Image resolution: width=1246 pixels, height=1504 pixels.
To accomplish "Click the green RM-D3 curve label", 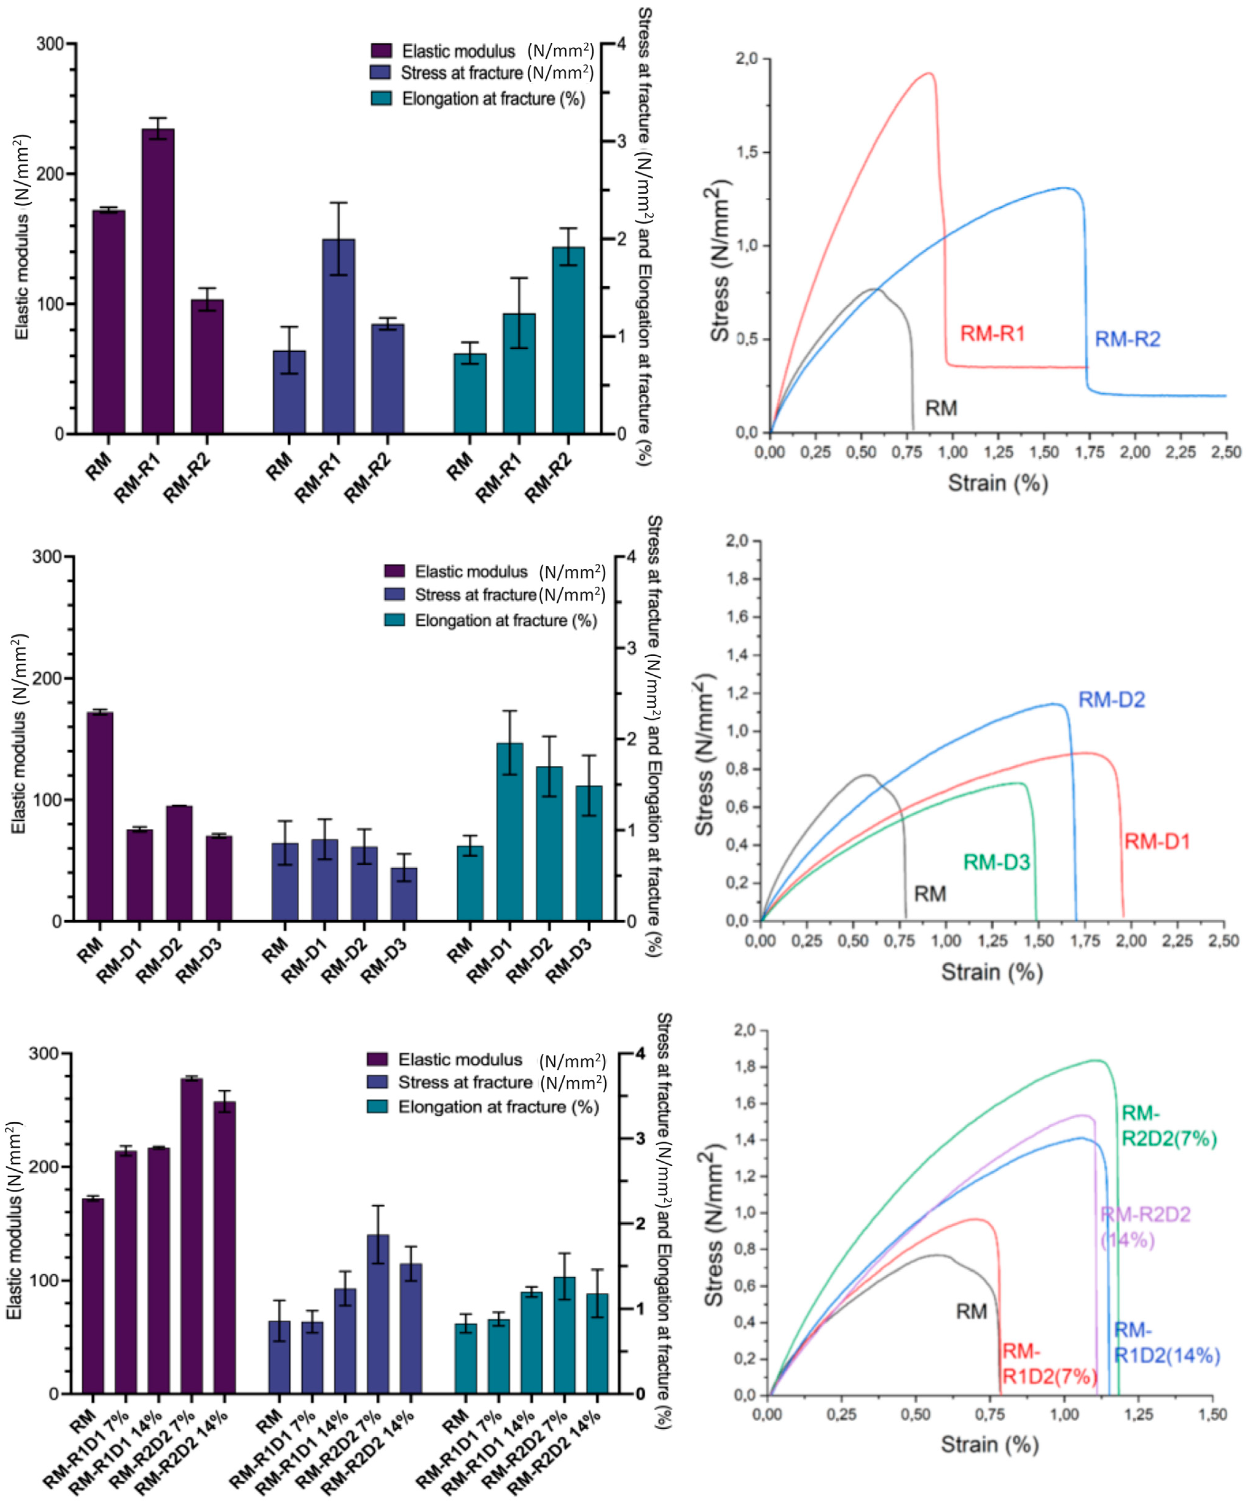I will pyautogui.click(x=996, y=862).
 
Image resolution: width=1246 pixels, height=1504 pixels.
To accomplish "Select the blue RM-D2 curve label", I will pyautogui.click(x=1111, y=700).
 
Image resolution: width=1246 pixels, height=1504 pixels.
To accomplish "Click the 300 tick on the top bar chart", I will pyautogui.click(x=50, y=44).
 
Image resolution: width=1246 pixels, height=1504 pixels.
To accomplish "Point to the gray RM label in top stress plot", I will pyautogui.click(x=941, y=408).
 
